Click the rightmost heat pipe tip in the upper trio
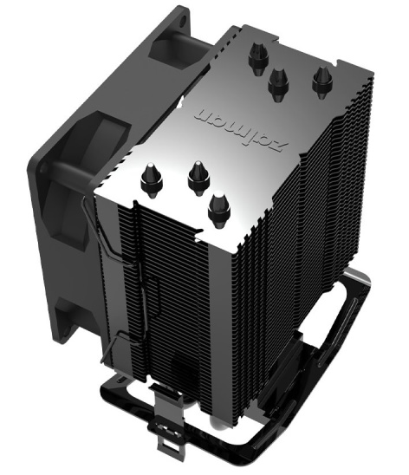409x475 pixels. [x=322, y=81]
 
